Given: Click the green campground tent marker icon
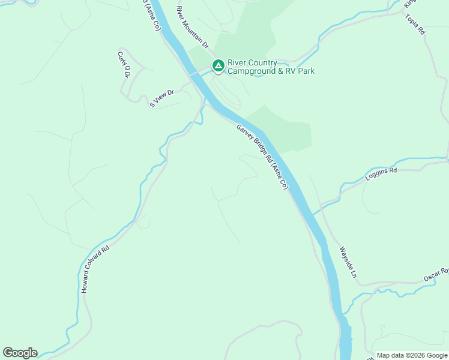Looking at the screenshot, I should click(x=218, y=65).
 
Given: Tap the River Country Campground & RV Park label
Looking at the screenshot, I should click(x=270, y=67).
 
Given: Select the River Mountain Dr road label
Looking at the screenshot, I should click(x=191, y=28).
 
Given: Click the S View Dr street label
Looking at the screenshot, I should click(x=161, y=98).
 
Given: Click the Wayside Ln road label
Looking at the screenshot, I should click(x=348, y=263).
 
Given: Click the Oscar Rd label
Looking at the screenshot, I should click(x=436, y=275).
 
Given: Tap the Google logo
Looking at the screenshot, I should click(x=20, y=353).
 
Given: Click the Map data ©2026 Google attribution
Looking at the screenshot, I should click(x=412, y=355).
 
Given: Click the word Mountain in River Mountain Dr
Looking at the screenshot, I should click(x=192, y=28).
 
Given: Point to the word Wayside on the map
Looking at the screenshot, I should click(x=345, y=257).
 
